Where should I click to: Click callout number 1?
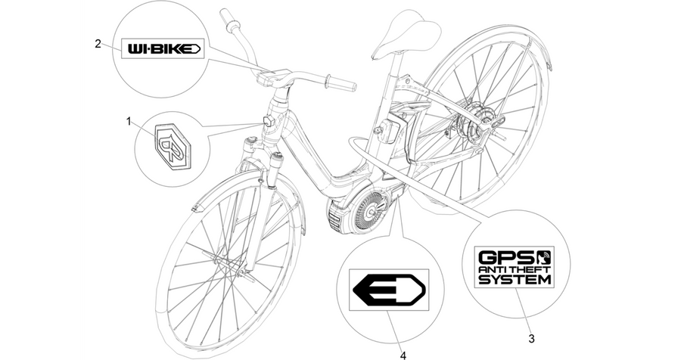128,121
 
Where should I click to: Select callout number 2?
98,43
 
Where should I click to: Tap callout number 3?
531,338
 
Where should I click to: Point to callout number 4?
403,355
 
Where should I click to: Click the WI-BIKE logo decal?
163,48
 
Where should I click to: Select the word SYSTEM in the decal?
515,279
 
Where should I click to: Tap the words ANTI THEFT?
515,270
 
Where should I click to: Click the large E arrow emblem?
389,290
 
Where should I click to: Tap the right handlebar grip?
340,82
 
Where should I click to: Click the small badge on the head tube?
268,120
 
